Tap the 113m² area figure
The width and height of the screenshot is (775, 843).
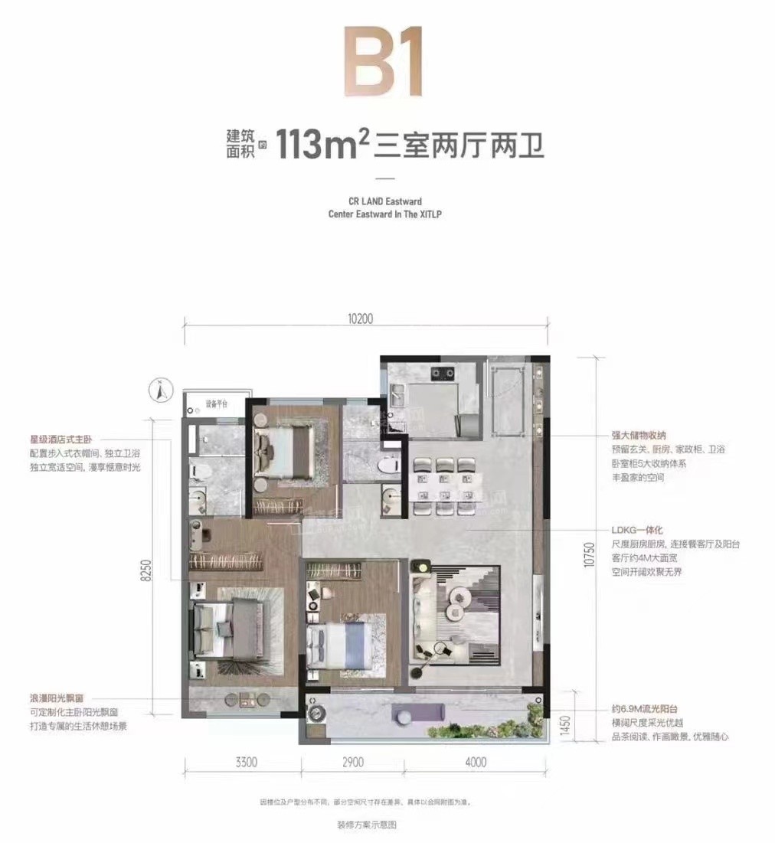318,144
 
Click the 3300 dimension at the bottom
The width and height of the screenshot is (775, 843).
241,762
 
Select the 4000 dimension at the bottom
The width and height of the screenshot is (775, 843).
476,762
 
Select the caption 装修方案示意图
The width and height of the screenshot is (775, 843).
368,825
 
